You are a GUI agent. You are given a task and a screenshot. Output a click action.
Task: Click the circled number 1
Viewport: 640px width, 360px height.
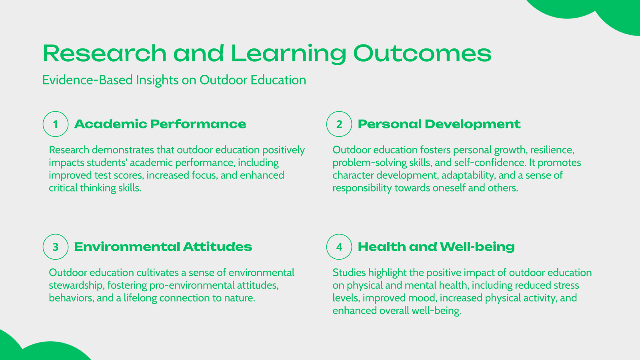pos(56,124)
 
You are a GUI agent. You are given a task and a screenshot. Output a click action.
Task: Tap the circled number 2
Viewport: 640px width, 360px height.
pos(339,124)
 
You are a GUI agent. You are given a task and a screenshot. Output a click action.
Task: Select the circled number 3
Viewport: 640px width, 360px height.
pos(56,247)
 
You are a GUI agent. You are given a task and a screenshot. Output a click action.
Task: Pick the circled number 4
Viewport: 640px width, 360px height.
pos(339,247)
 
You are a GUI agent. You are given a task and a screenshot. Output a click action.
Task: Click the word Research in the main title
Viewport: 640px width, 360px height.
pos(104,53)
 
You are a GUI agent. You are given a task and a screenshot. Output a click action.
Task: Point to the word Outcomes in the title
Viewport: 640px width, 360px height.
pos(422,53)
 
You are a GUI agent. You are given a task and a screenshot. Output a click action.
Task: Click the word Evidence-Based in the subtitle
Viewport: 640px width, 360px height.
pos(87,80)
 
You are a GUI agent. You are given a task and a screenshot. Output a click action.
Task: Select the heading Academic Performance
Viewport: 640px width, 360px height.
pos(160,124)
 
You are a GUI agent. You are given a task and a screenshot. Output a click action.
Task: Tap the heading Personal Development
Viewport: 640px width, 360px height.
pos(439,124)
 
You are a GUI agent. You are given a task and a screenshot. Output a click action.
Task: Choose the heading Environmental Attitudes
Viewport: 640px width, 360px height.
pos(163,247)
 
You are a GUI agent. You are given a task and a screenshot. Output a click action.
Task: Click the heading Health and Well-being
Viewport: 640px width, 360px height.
pos(436,247)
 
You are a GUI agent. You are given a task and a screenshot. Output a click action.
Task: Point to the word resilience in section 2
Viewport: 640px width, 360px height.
pos(552,150)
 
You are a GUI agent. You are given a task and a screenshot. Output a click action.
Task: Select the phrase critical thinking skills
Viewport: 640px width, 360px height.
pos(95,188)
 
